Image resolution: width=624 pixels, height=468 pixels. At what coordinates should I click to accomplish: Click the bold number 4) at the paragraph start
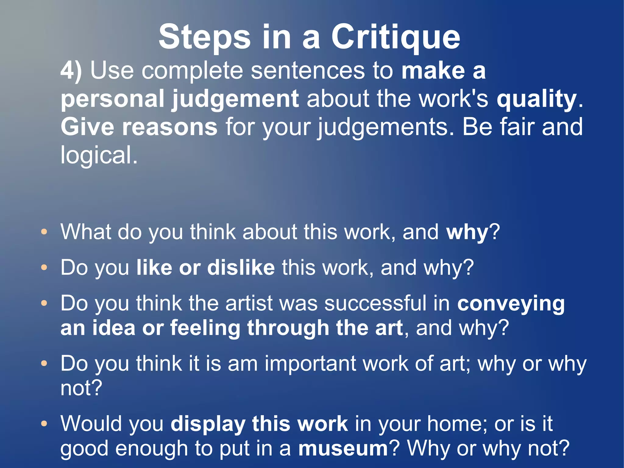point(71,71)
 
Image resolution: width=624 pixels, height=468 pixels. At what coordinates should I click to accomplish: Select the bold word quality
point(537,99)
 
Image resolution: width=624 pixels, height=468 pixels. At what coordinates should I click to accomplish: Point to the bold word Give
point(87,127)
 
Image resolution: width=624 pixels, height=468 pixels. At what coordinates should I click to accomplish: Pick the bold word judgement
point(235,99)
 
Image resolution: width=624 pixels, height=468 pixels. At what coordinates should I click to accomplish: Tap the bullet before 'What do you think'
point(44,232)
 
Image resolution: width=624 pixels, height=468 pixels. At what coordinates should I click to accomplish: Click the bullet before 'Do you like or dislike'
point(44,267)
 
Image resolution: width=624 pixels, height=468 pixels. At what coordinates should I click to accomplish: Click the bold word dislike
point(241,267)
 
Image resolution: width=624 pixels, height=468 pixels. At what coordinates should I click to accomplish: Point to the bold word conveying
point(511,304)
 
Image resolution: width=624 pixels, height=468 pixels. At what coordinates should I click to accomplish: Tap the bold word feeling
point(205,328)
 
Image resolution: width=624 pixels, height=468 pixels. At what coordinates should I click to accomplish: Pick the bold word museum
point(343,448)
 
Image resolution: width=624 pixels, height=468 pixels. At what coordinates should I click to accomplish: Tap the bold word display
point(208,424)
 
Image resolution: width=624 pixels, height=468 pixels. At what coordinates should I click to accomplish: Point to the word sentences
point(308,71)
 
